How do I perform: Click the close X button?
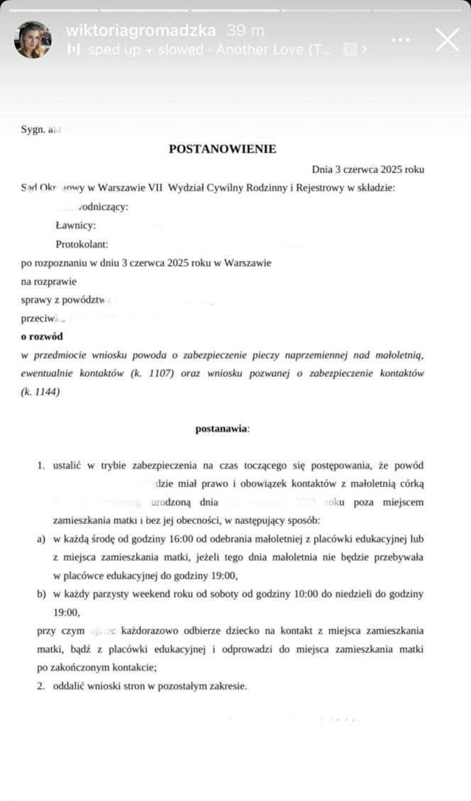pyautogui.click(x=447, y=40)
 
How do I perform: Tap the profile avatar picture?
pyautogui.click(x=33, y=40)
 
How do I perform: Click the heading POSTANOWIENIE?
pyautogui.click(x=222, y=149)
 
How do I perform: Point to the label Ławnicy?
pyautogui.click(x=75, y=225)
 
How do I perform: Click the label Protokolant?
pyautogui.click(x=82, y=244)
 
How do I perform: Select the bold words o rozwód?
pyautogui.click(x=42, y=336)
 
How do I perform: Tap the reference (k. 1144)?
pyautogui.click(x=40, y=391)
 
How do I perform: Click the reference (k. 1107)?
pyautogui.click(x=152, y=373)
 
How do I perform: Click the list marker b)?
pyautogui.click(x=42, y=593)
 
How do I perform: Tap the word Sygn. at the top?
pyautogui.click(x=33, y=130)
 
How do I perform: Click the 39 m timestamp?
pyautogui.click(x=245, y=30)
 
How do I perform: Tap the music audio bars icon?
pyautogui.click(x=73, y=50)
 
